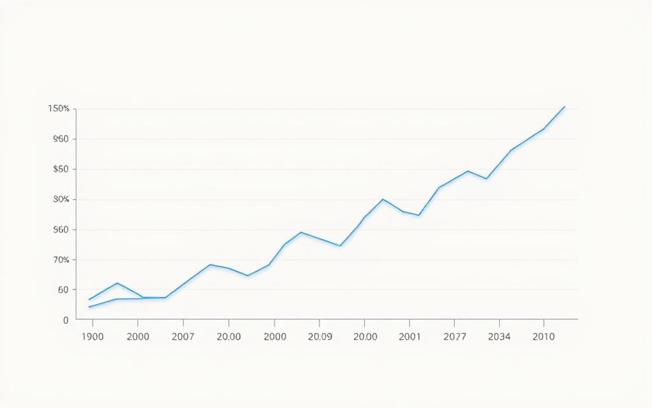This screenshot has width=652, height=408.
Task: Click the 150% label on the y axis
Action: [59, 109]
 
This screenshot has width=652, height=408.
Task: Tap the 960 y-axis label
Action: [61, 139]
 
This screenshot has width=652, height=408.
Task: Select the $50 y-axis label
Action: [61, 170]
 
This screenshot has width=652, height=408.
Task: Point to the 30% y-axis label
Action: [61, 200]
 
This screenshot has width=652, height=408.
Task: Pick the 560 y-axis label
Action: [61, 229]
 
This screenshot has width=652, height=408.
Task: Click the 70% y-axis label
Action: [61, 260]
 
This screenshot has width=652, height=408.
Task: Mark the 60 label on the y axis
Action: [63, 290]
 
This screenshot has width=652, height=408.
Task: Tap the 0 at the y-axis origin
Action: [66, 321]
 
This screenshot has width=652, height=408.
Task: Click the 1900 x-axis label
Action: [93, 337]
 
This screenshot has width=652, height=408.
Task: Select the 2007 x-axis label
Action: [183, 337]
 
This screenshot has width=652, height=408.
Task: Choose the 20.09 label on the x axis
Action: [320, 337]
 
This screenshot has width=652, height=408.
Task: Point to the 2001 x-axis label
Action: [409, 337]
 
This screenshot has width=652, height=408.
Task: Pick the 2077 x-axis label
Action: [454, 337]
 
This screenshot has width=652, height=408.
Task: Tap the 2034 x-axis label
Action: [499, 337]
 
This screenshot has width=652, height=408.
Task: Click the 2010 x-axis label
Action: [543, 337]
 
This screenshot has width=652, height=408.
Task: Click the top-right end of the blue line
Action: [564, 106]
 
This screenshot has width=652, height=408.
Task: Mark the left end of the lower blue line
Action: [89, 307]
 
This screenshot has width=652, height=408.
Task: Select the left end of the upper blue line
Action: [89, 300]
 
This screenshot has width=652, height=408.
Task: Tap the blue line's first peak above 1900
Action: [117, 283]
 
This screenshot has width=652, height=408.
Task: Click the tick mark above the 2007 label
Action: [183, 321]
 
